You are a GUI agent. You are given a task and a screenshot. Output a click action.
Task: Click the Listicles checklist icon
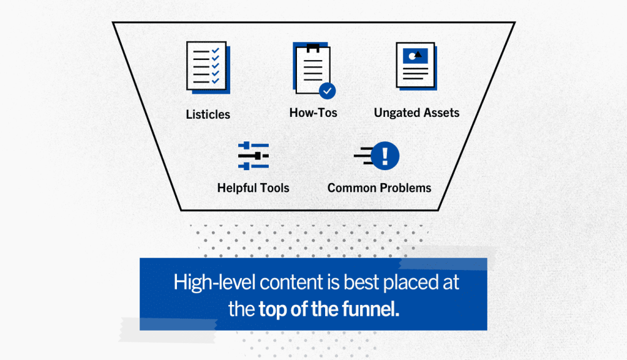pyautogui.click(x=208, y=67)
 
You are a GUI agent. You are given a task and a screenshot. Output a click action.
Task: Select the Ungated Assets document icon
pyautogui.click(x=416, y=66)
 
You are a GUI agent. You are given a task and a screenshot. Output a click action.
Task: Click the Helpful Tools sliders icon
pyautogui.click(x=253, y=156)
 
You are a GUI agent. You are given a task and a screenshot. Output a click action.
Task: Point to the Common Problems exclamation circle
pyautogui.click(x=385, y=156)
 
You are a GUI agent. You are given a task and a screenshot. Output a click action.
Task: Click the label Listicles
pyautogui.click(x=208, y=114)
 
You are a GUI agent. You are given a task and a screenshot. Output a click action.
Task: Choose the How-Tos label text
pyautogui.click(x=313, y=113)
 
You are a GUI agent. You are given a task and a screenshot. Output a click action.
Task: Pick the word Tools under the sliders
pyautogui.click(x=274, y=188)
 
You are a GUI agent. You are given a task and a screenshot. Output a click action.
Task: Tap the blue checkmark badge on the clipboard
pyautogui.click(x=327, y=91)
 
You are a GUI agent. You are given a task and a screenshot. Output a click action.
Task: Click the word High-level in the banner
pyautogui.click(x=214, y=283)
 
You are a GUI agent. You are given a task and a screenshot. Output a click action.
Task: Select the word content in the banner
pyautogui.click(x=291, y=283)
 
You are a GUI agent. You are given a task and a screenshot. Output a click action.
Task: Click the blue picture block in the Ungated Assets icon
pyautogui.click(x=416, y=56)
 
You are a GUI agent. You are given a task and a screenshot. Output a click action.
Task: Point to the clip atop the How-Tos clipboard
pyautogui.click(x=313, y=48)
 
